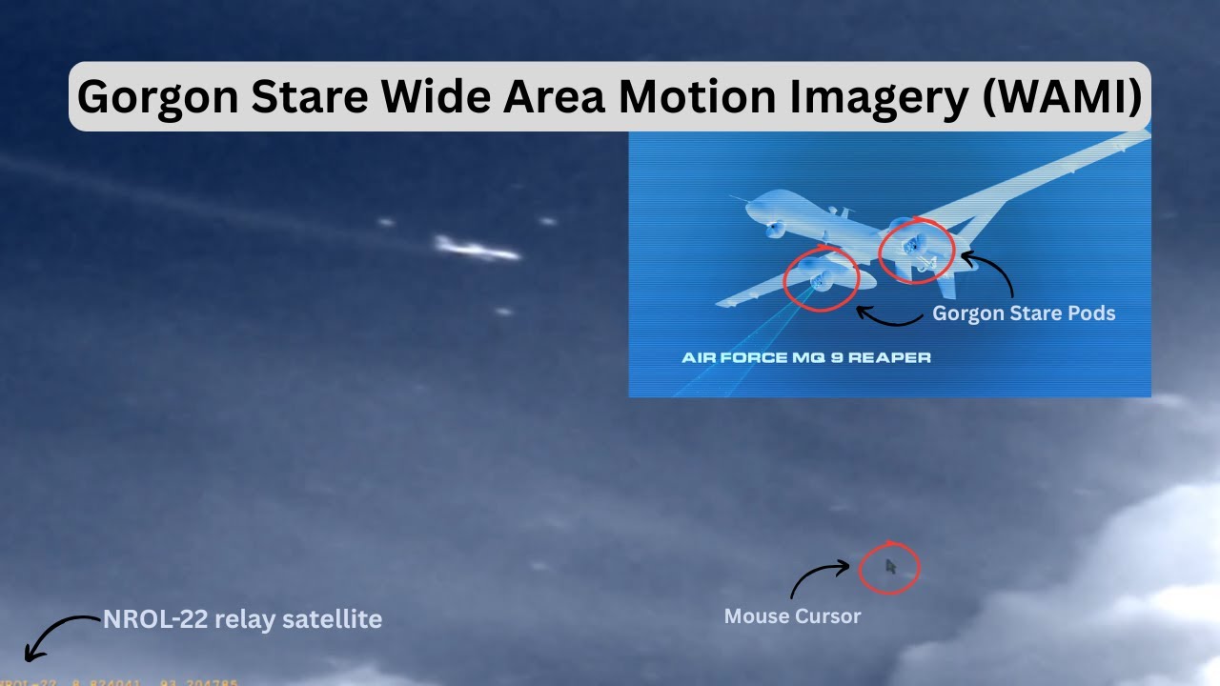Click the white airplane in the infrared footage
477,251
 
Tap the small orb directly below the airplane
503,312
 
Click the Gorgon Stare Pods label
1023,313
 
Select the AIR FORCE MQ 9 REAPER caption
806,358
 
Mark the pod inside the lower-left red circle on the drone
820,279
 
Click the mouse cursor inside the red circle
890,567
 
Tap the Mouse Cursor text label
792,616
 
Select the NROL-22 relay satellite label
242,619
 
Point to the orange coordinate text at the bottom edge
119,682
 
